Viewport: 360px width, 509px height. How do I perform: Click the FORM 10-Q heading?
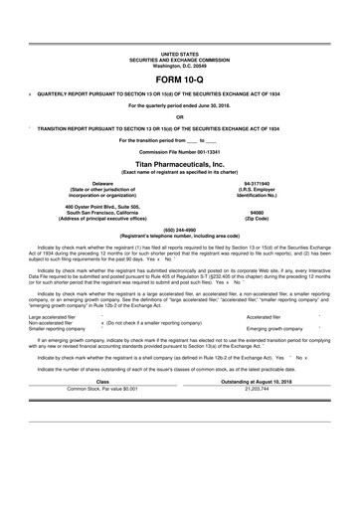tap(179, 77)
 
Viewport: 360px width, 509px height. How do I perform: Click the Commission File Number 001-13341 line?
tap(179, 150)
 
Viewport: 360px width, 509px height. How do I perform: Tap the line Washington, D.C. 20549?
tap(179, 63)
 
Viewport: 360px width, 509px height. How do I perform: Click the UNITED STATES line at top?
tap(179, 51)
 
